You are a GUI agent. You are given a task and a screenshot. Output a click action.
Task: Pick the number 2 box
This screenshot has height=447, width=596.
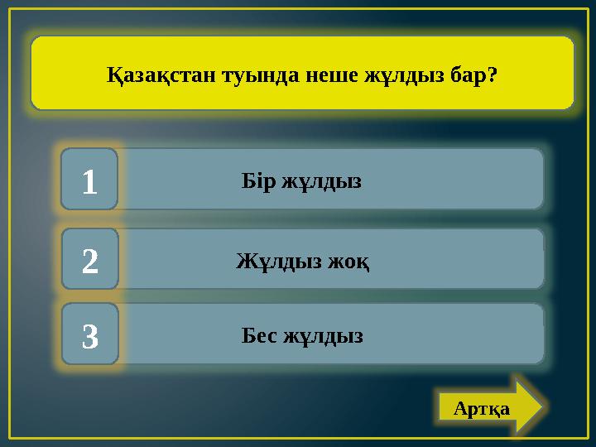(x=89, y=262)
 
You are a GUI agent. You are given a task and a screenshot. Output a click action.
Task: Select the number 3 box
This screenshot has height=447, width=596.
(x=89, y=336)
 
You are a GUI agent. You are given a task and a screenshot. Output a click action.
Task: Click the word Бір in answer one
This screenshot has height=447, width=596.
(x=257, y=181)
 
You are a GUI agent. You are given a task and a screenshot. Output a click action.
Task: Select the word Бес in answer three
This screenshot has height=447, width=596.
(x=259, y=336)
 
